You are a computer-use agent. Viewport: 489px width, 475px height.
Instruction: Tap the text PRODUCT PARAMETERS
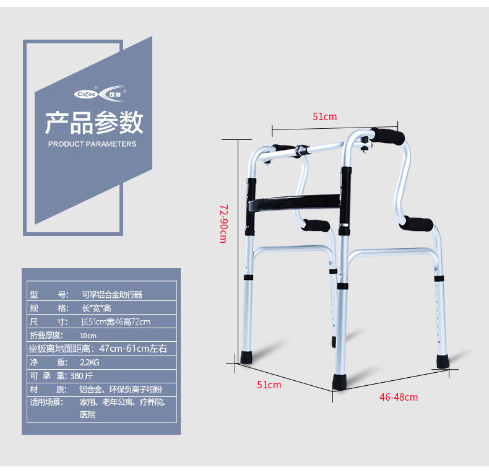coord(92,144)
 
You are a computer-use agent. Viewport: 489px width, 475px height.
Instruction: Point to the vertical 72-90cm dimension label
coord(223,224)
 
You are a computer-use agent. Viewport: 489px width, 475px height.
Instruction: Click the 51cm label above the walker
coord(324,116)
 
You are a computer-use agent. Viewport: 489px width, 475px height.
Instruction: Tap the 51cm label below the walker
coord(269,385)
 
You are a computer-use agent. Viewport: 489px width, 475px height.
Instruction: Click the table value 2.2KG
coord(90,362)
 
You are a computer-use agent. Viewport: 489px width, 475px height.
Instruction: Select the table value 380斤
coord(82,376)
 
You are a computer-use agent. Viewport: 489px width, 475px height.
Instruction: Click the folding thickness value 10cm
coord(88,336)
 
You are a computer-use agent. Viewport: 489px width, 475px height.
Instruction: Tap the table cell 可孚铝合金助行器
coord(111,295)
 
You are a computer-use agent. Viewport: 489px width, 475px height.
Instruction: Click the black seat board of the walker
coord(294,203)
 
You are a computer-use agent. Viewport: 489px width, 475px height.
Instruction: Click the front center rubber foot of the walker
coord(340,381)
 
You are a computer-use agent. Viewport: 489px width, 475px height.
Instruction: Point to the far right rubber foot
coord(443,360)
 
